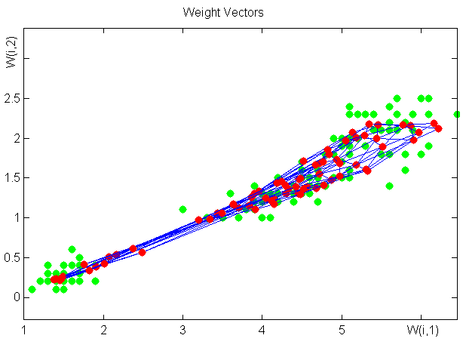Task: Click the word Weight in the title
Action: (200, 13)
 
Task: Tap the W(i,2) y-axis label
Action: (11, 52)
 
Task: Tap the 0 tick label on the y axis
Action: (17, 297)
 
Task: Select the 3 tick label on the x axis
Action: (182, 330)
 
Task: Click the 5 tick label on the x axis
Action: (342, 330)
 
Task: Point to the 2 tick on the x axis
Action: (103, 330)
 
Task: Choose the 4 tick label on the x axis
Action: (262, 330)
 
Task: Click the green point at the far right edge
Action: (457, 114)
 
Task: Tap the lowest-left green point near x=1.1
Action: (32, 289)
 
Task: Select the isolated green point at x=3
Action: (182, 209)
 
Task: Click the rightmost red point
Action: (438, 128)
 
